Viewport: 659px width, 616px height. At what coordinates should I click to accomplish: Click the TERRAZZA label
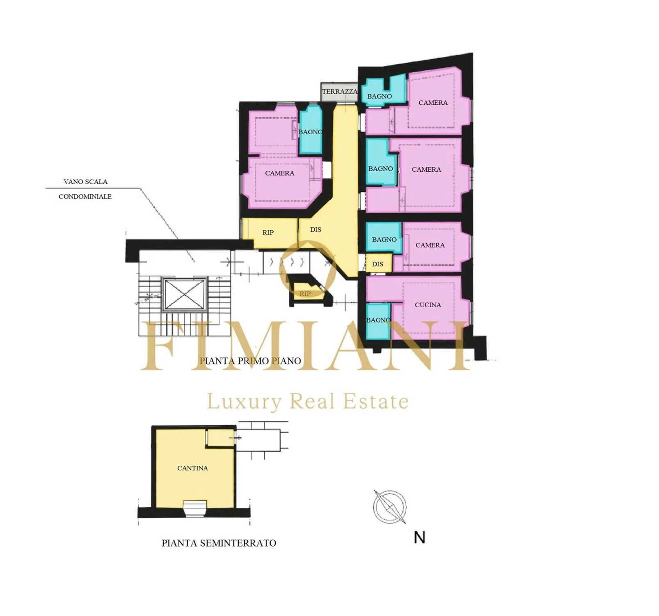click(339, 92)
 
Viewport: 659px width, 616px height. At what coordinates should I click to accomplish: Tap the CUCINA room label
click(428, 305)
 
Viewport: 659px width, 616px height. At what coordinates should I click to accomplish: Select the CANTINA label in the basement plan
click(192, 468)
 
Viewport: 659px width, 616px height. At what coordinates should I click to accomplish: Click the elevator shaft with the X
click(185, 294)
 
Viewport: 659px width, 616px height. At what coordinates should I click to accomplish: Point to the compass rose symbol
click(389, 507)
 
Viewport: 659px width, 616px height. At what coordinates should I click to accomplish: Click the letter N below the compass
click(419, 538)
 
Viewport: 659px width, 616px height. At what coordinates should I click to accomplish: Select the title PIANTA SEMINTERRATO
click(219, 543)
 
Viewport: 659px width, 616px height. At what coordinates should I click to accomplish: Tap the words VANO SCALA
click(85, 182)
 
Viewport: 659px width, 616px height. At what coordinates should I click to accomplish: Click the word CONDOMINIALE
click(85, 196)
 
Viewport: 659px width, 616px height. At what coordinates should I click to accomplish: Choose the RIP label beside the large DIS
click(268, 232)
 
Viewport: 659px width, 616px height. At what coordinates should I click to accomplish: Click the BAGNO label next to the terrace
click(379, 96)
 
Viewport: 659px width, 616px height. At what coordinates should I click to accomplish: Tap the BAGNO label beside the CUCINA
click(378, 320)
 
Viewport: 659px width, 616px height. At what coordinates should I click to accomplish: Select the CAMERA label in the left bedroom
click(279, 173)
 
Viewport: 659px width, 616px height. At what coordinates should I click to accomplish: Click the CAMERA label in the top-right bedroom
click(433, 103)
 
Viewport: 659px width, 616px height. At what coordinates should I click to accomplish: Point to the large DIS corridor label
click(316, 230)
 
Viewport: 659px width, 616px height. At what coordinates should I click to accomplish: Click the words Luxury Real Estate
click(307, 401)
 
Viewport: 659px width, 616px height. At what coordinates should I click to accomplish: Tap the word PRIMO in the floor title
click(250, 361)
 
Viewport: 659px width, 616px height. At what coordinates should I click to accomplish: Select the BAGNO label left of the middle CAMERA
click(380, 169)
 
